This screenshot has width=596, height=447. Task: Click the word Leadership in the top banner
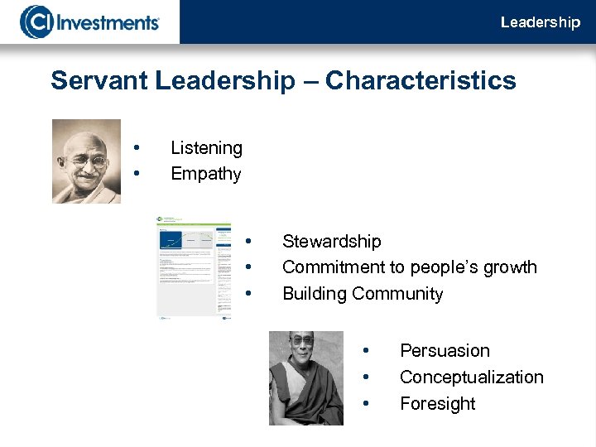[540, 22]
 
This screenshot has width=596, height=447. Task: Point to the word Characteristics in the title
[421, 81]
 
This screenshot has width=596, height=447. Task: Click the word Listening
[206, 148]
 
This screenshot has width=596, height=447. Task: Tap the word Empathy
[205, 174]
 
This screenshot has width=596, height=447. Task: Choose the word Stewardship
[331, 242]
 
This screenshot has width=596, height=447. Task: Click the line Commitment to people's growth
[409, 267]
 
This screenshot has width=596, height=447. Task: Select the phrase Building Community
[363, 294]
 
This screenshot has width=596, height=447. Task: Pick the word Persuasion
[445, 351]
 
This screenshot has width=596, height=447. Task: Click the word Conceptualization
[471, 377]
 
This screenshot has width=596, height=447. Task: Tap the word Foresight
[437, 404]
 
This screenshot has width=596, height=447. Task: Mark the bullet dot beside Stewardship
[248, 242]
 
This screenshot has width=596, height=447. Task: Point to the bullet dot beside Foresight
[365, 404]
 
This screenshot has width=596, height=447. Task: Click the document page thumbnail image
[194, 268]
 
